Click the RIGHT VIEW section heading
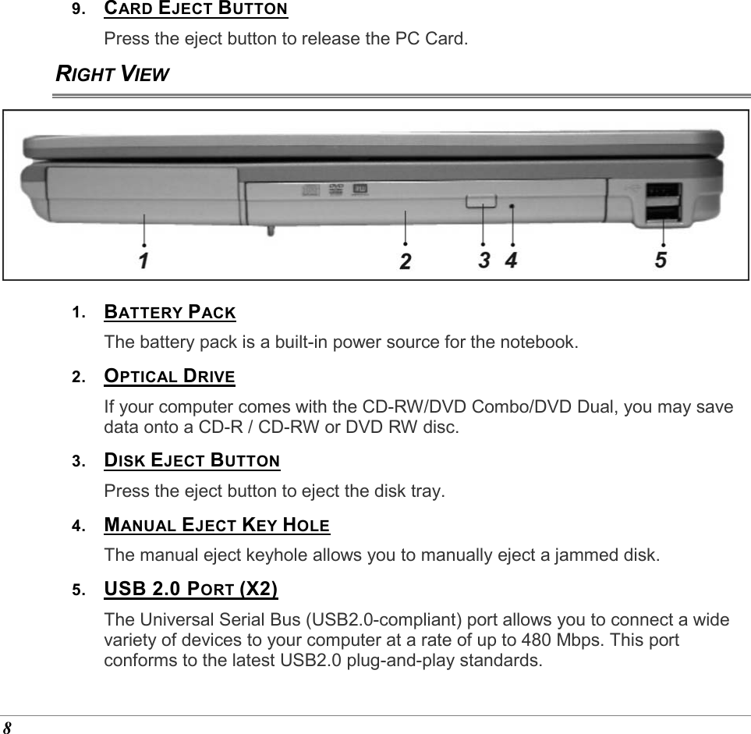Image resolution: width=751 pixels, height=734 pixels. (112, 74)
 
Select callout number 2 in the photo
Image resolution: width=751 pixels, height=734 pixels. (406, 261)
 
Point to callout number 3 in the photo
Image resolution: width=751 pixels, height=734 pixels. (484, 260)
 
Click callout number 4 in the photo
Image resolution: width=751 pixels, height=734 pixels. (511, 260)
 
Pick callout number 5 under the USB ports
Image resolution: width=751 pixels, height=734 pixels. (661, 259)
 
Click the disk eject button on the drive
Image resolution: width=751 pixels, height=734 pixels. (483, 202)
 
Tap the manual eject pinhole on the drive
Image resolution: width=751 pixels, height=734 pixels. (512, 206)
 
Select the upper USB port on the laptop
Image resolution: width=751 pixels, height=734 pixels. (662, 190)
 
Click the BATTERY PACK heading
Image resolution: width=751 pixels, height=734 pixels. (170, 314)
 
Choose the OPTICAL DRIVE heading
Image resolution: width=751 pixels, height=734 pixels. (169, 377)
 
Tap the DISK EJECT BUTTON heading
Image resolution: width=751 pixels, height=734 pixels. (192, 460)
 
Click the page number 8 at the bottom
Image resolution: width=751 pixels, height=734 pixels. (7, 727)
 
